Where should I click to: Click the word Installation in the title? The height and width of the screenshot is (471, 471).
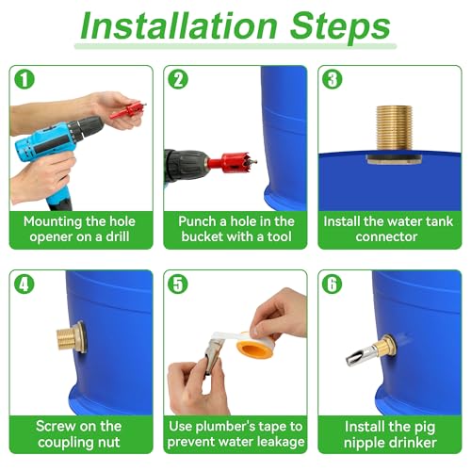(179, 25)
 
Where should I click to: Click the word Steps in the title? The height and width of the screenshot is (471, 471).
(340, 29)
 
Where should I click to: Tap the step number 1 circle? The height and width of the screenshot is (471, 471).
(24, 79)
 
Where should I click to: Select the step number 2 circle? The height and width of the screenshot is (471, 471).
(178, 79)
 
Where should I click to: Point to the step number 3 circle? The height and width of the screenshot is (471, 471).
(333, 79)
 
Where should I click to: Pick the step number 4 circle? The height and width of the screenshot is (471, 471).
(24, 284)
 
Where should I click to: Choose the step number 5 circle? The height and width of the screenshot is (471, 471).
(178, 284)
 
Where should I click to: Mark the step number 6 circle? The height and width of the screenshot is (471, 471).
(333, 284)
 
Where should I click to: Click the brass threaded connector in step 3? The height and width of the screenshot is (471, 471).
(395, 131)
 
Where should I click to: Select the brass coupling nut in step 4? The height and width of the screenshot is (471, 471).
(71, 337)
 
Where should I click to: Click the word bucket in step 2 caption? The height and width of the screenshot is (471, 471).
(203, 236)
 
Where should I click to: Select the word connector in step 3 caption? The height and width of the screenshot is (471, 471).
(386, 236)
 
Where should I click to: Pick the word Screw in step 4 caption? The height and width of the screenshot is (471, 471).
(56, 426)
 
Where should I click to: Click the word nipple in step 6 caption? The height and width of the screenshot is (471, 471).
(365, 443)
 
